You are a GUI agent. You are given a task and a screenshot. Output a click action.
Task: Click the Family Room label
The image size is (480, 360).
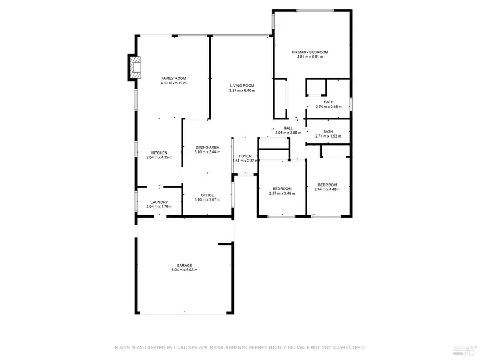click(173, 78)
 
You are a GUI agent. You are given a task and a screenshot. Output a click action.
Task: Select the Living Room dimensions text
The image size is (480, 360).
click(242, 91)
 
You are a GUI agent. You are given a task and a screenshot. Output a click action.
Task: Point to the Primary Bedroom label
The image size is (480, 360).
click(310, 52)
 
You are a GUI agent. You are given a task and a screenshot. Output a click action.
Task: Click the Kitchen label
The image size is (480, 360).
click(159, 153)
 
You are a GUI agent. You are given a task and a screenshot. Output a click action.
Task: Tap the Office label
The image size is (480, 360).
click(207, 195)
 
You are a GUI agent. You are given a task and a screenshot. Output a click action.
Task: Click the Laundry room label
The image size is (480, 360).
click(159, 202)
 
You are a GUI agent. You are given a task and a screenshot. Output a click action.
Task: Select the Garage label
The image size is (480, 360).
click(185, 265)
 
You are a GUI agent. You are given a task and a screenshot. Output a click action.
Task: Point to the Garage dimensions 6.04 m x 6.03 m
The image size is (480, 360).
click(185, 270)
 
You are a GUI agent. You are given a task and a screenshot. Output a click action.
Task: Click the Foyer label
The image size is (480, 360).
click(245, 156)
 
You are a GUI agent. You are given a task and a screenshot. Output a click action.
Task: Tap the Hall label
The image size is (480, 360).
click(288, 128)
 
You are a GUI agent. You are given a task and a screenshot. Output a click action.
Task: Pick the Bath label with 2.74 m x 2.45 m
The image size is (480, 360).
click(328, 102)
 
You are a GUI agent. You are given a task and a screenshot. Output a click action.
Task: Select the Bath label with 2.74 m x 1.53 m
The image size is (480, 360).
click(328, 132)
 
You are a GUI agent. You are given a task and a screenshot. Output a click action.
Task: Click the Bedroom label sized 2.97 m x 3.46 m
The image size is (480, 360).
click(282, 188)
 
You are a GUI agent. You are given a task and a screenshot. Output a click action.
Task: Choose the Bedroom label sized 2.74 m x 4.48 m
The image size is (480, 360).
click(327, 185)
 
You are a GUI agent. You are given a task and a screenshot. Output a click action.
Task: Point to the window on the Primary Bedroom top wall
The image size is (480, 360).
click(312, 10)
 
